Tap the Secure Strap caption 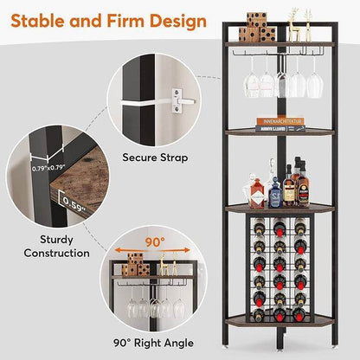(151, 157)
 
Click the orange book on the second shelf (280, 123)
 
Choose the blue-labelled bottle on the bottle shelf (276, 193)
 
